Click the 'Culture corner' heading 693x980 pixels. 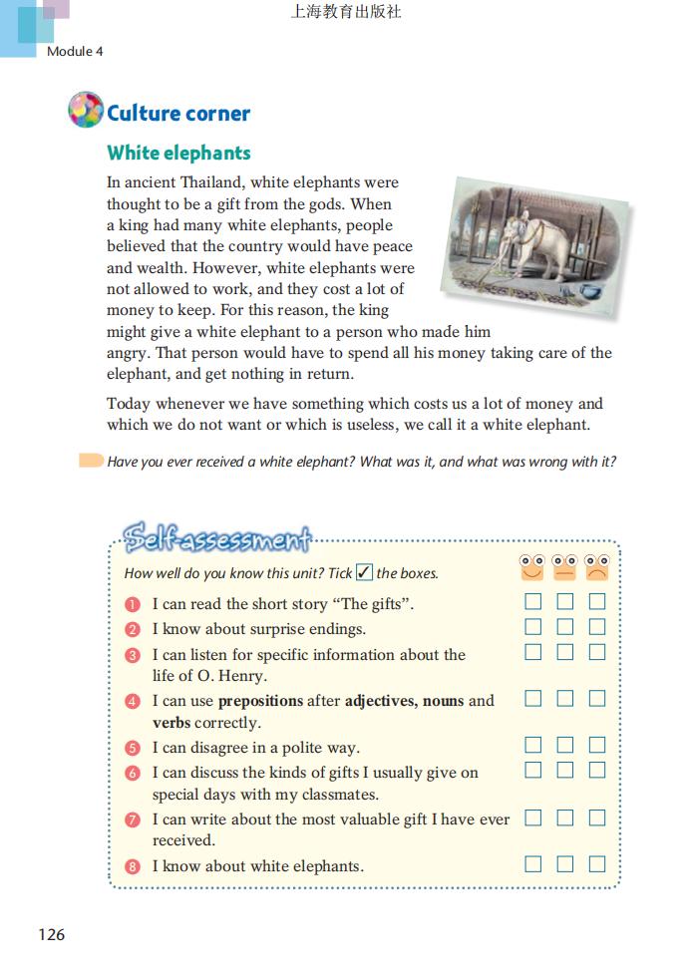coord(177,113)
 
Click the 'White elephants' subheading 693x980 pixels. coord(178,153)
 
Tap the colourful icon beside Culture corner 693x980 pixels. coord(86,110)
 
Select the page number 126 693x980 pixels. coord(51,934)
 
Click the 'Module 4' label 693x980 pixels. coord(75,51)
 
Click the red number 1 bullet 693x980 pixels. coord(133,604)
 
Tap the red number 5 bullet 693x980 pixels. coord(133,748)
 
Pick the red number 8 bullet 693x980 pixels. coord(133,866)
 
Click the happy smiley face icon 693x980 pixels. coord(532,567)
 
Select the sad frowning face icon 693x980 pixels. coord(596,567)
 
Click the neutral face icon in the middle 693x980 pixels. coord(564,567)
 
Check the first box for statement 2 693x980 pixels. coord(533,627)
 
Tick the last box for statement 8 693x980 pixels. coord(597,864)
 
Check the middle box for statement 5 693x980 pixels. coord(565,745)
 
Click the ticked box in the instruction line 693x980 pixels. coord(364,572)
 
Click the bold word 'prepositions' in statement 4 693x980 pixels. coord(260,701)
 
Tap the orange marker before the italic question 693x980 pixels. coord(91,461)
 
